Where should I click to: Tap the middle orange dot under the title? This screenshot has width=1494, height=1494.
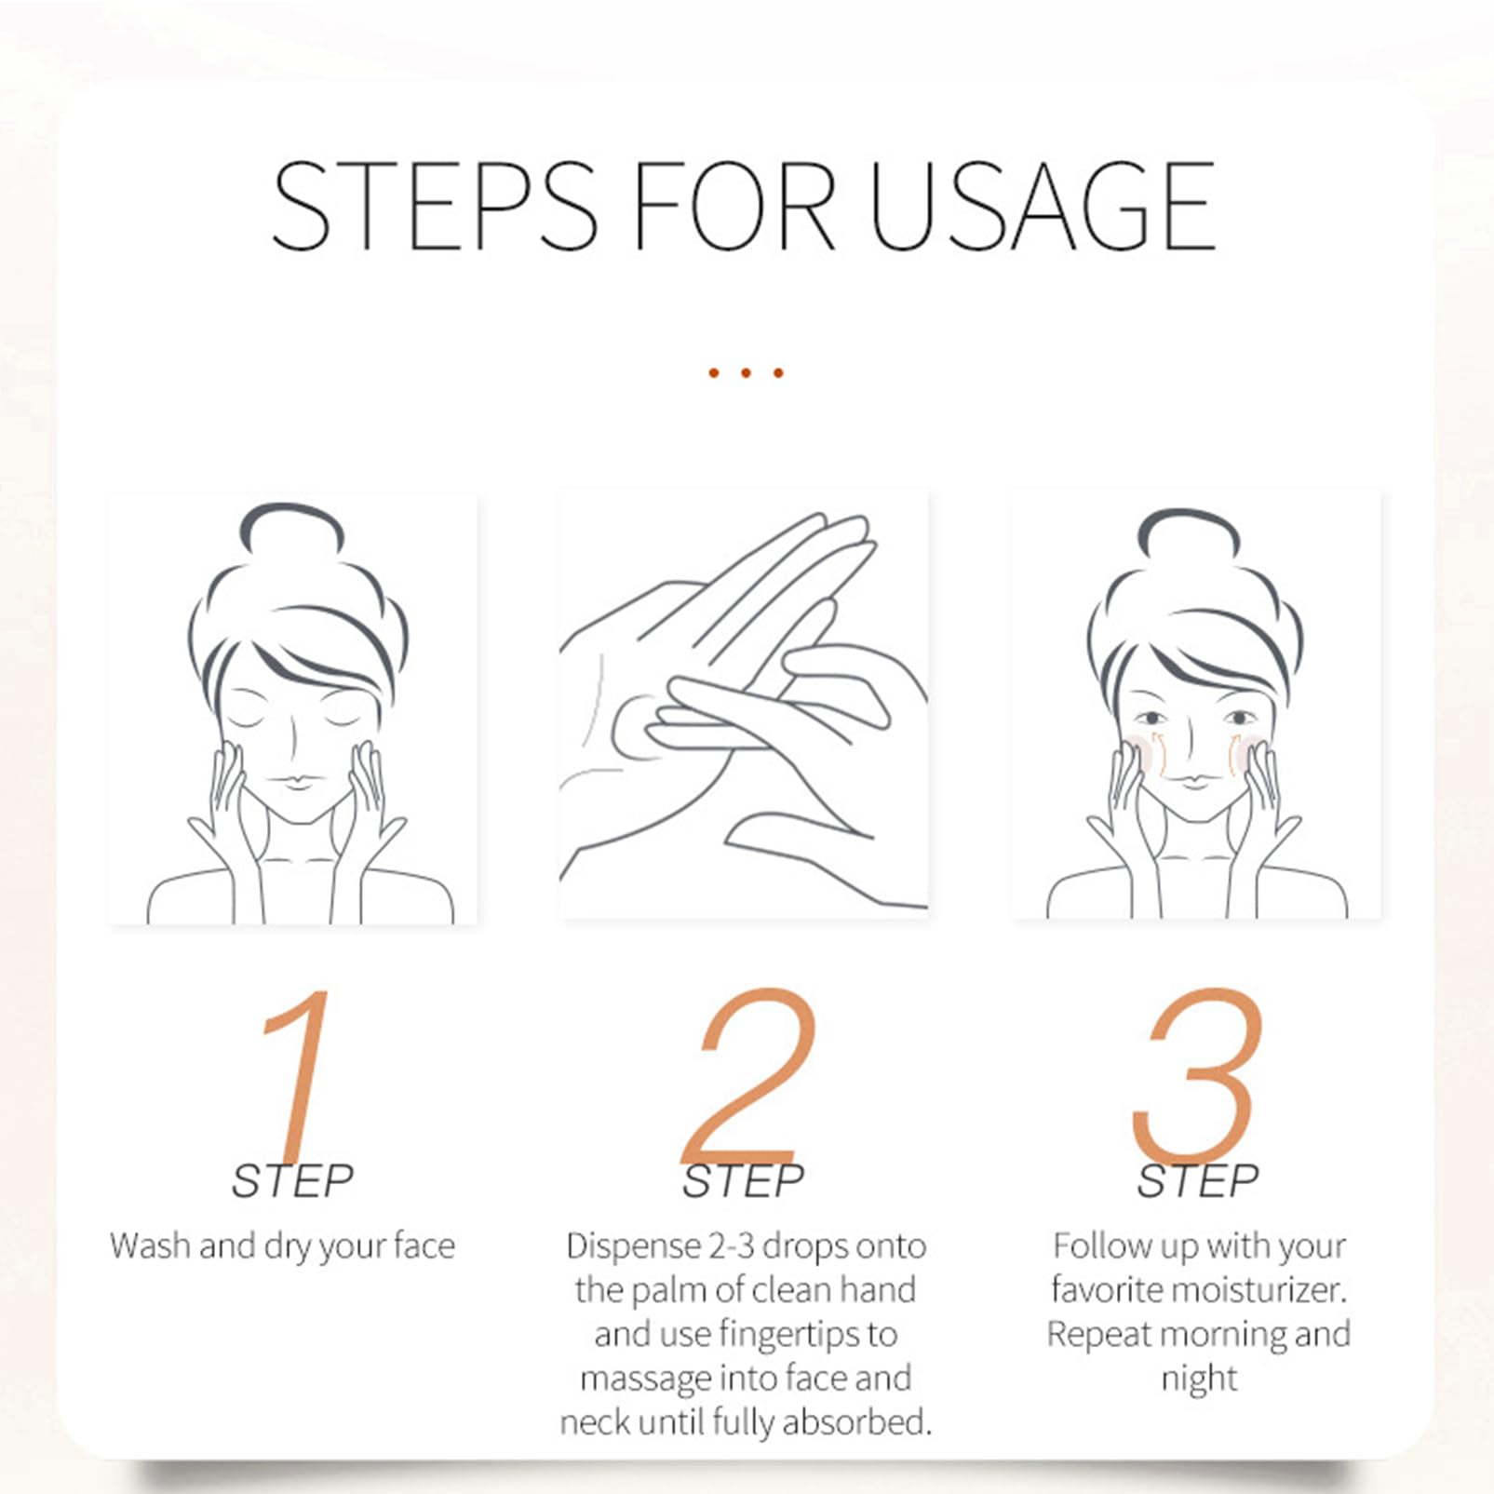[x=746, y=373]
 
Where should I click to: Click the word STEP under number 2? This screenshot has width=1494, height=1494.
[x=743, y=1181]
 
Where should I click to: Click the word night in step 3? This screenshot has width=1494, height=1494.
[x=1199, y=1380]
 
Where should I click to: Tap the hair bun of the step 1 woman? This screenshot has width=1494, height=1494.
[x=292, y=531]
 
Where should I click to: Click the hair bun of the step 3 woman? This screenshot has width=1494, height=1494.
[x=1189, y=535]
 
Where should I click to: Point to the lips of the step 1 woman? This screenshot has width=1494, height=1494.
[x=296, y=780]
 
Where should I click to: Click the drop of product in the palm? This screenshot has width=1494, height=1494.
[x=641, y=722]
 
